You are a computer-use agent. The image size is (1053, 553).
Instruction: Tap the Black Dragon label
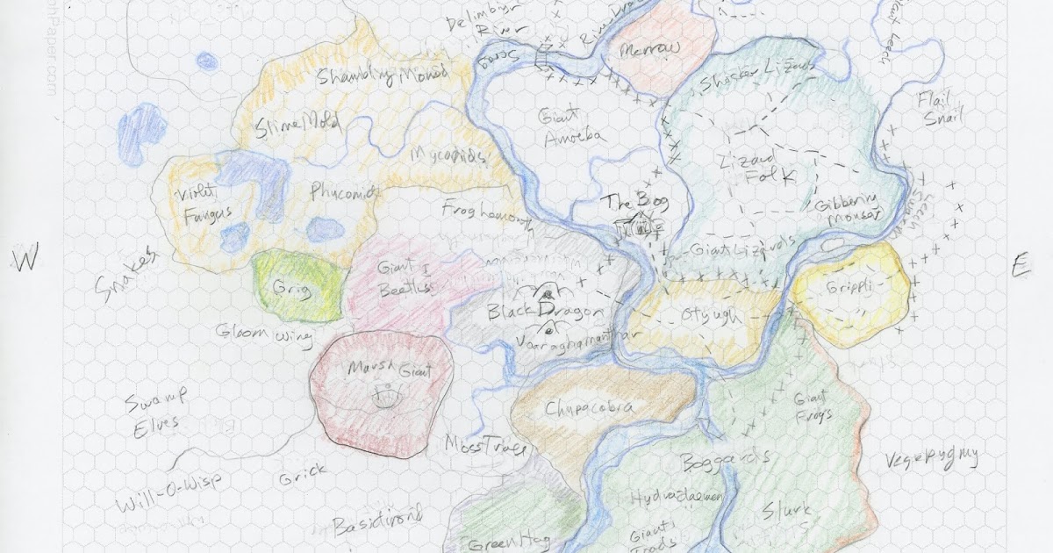click(545, 313)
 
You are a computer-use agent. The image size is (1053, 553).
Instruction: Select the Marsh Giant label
click(383, 370)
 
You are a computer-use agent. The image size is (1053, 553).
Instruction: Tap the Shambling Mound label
click(382, 75)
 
